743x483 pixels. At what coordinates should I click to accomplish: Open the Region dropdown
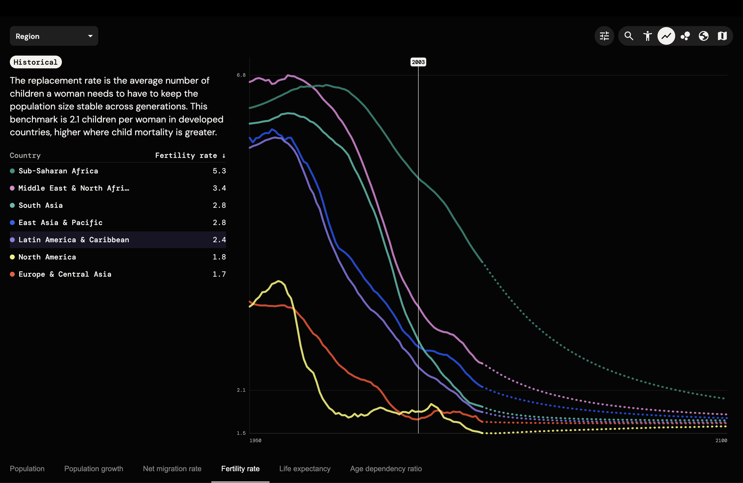[x=54, y=36]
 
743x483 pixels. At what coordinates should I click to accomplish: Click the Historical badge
[x=36, y=62]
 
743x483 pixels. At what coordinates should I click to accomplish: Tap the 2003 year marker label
[x=418, y=62]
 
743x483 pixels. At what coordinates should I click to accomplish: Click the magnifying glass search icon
[x=629, y=36]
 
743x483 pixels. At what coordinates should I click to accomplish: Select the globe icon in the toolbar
[x=704, y=36]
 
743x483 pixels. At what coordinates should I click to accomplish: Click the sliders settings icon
[x=604, y=36]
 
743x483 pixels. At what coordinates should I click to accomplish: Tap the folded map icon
[x=722, y=36]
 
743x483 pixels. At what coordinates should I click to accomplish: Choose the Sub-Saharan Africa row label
[x=58, y=171]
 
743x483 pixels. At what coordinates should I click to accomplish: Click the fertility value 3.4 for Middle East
[x=219, y=188]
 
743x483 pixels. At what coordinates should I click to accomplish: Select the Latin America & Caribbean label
[x=74, y=240]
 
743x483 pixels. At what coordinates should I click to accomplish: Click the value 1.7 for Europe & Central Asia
[x=219, y=274]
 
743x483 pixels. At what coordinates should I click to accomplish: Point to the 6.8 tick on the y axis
[x=241, y=75]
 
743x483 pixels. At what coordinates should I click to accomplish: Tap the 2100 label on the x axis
[x=721, y=440]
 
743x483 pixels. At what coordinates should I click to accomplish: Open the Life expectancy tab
[x=305, y=469]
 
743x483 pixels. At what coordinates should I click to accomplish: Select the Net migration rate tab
[x=172, y=469]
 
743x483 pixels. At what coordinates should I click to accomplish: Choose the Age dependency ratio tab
[x=386, y=469]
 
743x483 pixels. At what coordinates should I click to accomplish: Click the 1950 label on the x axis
[x=255, y=440]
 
